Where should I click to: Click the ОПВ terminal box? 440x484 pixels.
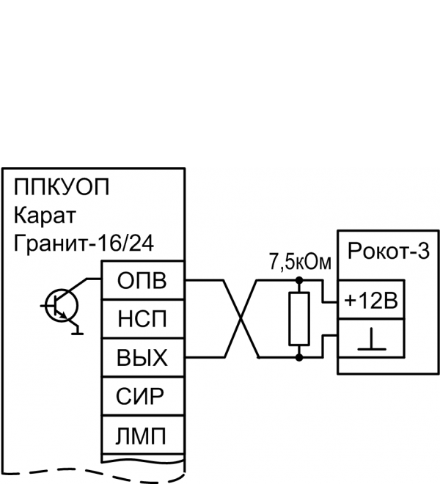click(142, 280)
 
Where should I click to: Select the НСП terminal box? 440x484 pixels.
click(142, 319)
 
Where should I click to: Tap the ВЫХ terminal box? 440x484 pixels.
click(142, 358)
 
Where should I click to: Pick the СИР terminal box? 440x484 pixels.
click(142, 397)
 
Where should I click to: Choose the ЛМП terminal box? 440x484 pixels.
click(142, 436)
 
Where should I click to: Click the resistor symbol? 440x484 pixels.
click(298, 318)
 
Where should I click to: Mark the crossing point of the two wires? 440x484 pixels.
click(242, 318)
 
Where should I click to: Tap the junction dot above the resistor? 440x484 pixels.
click(298, 280)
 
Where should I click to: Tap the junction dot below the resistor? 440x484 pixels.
click(298, 357)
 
